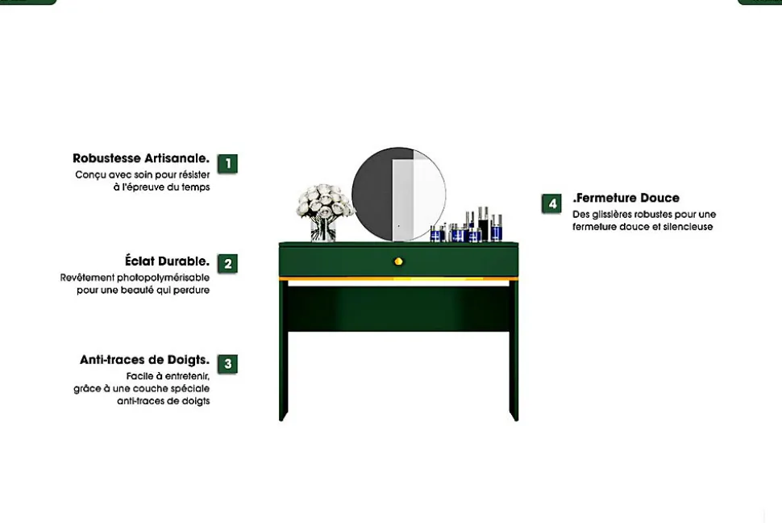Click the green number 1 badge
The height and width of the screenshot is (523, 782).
(227, 163)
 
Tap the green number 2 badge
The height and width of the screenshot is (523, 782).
(227, 264)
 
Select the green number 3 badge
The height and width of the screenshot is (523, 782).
(227, 364)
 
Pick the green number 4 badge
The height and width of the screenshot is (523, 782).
(551, 204)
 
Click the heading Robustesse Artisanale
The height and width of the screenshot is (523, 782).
(141, 158)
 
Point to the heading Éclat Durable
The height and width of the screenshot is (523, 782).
(167, 261)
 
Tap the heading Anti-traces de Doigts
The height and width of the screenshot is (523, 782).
(144, 360)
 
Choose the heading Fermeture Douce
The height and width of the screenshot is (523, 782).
(626, 198)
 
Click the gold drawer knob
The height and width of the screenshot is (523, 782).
(398, 261)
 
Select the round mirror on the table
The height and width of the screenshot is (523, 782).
(398, 194)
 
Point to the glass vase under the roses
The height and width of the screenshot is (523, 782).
(323, 229)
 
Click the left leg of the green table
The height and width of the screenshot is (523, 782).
(283, 349)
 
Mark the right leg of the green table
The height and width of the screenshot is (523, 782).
(514, 349)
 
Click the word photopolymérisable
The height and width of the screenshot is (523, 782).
(163, 278)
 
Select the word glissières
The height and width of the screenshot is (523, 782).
(613, 215)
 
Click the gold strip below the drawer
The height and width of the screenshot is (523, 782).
(398, 278)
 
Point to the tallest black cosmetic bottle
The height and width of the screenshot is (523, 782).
(483, 224)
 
